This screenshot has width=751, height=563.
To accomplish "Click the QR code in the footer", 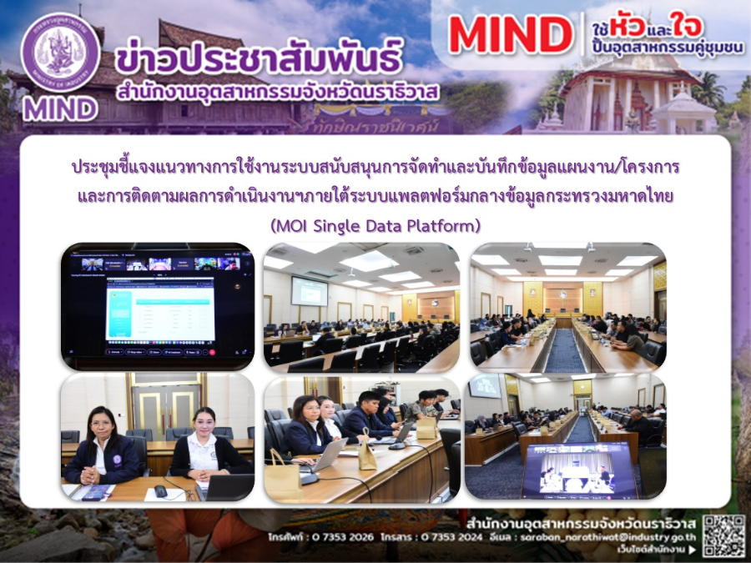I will click(x=723, y=535).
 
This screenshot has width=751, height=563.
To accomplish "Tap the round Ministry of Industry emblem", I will click(x=60, y=53).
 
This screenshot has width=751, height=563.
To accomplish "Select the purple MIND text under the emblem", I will click(x=60, y=108).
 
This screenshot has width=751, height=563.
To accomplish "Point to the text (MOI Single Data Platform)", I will click(x=375, y=225).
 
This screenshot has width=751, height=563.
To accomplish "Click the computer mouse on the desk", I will click(x=160, y=490).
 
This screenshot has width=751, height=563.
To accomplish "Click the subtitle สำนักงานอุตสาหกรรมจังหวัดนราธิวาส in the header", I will click(x=280, y=90).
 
